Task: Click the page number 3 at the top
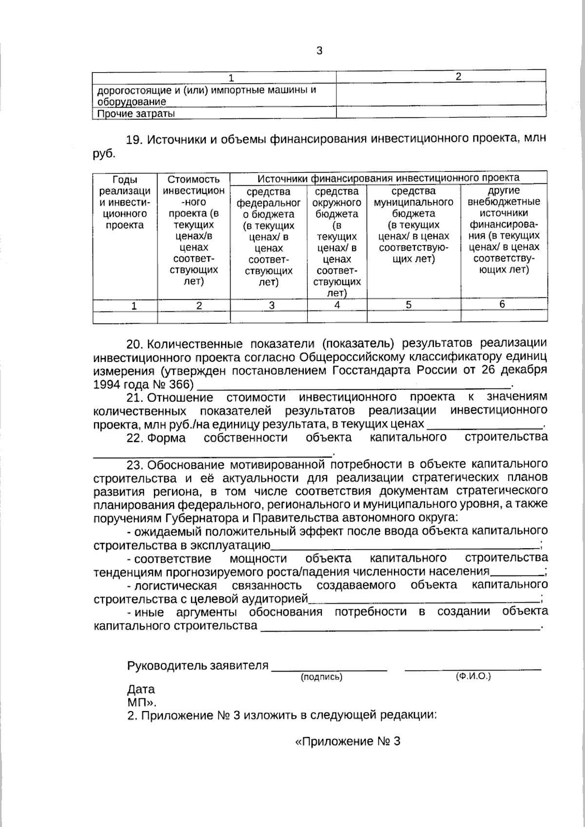click(x=319, y=51)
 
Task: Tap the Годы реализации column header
click(x=125, y=202)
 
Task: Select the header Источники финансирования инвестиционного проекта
click(x=388, y=178)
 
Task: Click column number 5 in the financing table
click(x=409, y=305)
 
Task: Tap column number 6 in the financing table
click(x=502, y=305)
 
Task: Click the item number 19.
click(x=134, y=140)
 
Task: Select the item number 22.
click(x=134, y=438)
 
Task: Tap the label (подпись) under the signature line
click(x=322, y=677)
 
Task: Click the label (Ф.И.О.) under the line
click(x=473, y=676)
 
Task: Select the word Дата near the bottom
click(x=141, y=689)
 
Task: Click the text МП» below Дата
click(x=141, y=702)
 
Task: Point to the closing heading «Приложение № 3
click(x=348, y=742)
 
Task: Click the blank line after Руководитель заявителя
click(x=329, y=669)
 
